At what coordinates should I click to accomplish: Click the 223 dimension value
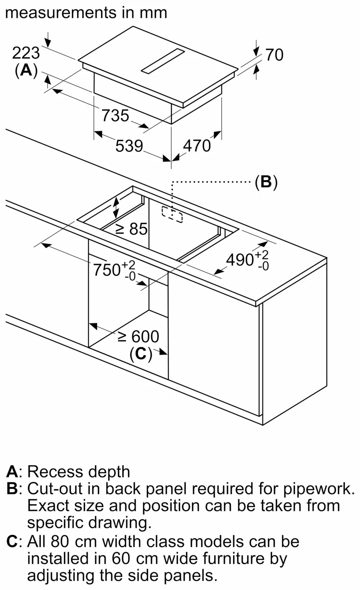tap(26, 53)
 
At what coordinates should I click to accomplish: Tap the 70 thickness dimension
tap(274, 55)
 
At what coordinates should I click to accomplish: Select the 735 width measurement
tap(115, 116)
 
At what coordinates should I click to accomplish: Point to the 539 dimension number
tap(129, 146)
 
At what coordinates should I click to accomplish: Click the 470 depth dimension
tap(197, 146)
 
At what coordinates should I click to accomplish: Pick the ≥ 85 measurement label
tap(131, 229)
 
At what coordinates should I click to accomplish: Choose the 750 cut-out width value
tap(107, 270)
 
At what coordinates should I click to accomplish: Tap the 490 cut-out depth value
tap(240, 260)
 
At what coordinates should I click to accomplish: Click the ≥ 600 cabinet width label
tap(139, 337)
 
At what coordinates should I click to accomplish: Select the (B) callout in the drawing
tap(266, 182)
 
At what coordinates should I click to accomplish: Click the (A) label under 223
tap(26, 70)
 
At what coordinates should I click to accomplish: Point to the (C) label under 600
tap(141, 354)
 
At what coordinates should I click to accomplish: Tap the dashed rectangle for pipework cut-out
tap(172, 214)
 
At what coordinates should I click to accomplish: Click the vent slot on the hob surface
tap(163, 61)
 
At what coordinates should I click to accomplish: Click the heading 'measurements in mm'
tap(86, 13)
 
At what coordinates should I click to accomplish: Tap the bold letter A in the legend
tap(12, 472)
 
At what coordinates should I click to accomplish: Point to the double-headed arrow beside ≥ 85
tap(116, 208)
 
